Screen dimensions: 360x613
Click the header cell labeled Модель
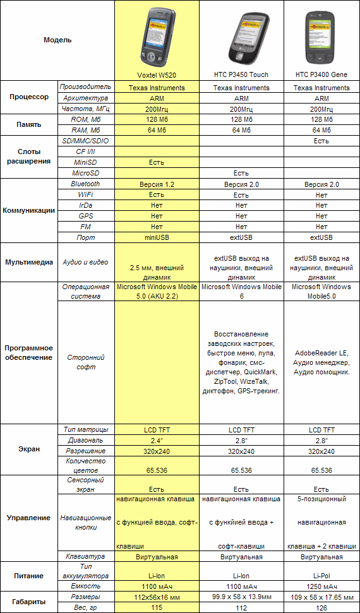coord(57,40)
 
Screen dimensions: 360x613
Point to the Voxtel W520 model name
coord(157,74)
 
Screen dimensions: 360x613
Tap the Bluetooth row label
coord(86,184)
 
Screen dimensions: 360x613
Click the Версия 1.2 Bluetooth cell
coord(157,184)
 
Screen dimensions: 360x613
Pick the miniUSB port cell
coord(157,237)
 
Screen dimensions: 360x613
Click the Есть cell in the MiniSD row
coord(157,162)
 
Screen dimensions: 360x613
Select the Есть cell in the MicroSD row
coord(241,173)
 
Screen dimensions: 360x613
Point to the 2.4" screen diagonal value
coord(157,440)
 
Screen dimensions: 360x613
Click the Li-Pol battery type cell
coord(321,576)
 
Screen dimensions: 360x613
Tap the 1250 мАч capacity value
coord(321,586)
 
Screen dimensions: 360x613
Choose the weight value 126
coord(321,607)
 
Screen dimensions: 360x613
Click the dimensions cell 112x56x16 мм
coord(157,597)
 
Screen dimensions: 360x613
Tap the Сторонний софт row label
coord(86,362)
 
